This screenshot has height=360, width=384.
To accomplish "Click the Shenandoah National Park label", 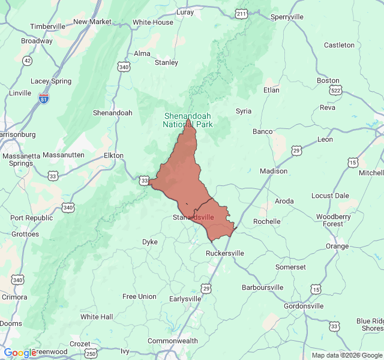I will click(188, 120).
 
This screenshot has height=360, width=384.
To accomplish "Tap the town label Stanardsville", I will click(193, 217).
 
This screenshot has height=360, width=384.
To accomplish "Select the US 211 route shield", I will click(241, 13).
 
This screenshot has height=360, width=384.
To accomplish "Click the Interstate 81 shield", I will click(44, 98).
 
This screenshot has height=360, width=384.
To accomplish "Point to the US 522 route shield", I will click(335, 90).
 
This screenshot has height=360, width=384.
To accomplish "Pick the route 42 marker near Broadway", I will click(28, 61).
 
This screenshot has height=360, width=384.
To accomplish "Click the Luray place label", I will click(185, 11).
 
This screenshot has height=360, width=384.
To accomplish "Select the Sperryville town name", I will click(287, 17).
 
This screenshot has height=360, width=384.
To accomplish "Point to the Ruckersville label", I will click(225, 253).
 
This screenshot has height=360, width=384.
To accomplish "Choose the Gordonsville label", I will click(304, 306).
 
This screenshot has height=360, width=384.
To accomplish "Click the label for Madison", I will click(274, 171).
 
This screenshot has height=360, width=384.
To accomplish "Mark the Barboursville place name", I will click(262, 287).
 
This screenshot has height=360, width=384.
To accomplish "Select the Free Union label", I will click(139, 296).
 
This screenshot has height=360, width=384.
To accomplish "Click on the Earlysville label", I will click(185, 299).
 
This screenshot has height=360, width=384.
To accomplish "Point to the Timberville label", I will click(47, 26).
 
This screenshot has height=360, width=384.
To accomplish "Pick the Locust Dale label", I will click(330, 196).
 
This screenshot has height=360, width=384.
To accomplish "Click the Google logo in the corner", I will click(20, 353).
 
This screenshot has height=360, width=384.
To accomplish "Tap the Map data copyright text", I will click(346, 355).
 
